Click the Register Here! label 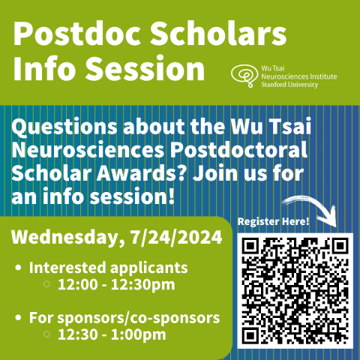click(x=273, y=222)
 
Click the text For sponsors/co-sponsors click(x=124, y=317)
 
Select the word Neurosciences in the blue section click(x=93, y=149)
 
